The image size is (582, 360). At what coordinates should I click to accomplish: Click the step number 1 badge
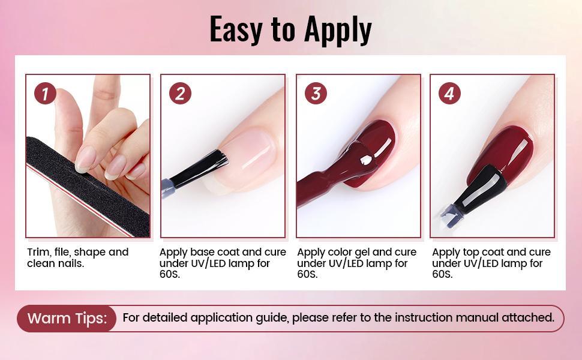tap(45, 93)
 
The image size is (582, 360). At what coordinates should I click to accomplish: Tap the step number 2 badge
tap(180, 93)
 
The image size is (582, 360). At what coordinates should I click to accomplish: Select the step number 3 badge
tap(316, 93)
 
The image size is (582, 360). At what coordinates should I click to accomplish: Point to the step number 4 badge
tap(449, 93)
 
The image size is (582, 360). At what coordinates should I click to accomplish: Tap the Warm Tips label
tap(67, 318)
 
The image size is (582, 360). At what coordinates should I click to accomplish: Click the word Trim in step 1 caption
tap(38, 252)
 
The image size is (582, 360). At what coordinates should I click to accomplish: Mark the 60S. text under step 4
tap(442, 274)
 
